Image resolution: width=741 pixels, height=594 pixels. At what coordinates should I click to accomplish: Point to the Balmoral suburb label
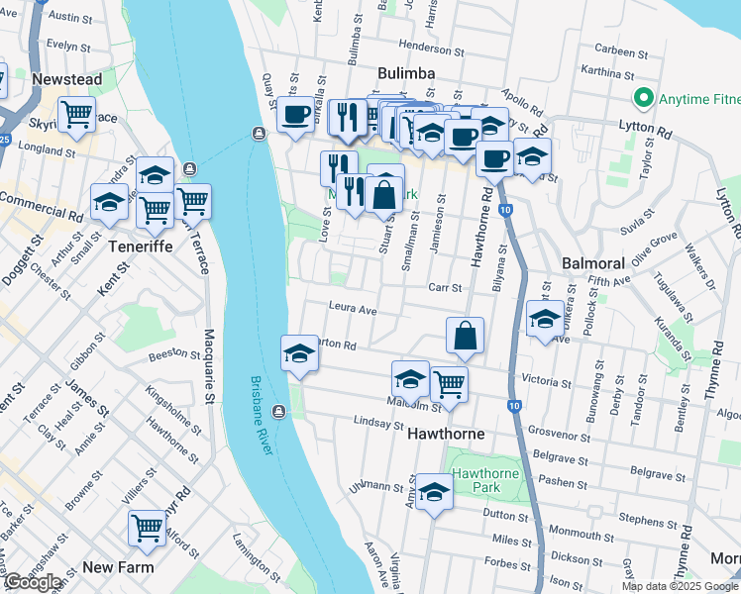[592, 264]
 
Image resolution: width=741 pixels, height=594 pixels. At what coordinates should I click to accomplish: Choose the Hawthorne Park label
[485, 482]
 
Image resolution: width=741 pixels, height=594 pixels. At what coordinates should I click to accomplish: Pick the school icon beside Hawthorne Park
[433, 492]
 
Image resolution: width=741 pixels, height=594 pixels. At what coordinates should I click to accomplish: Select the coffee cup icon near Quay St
[295, 115]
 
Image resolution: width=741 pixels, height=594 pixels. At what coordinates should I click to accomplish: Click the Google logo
[33, 582]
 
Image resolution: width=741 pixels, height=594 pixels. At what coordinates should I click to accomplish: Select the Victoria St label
[547, 380]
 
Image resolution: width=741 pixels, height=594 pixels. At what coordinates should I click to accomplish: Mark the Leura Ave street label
[354, 309]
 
